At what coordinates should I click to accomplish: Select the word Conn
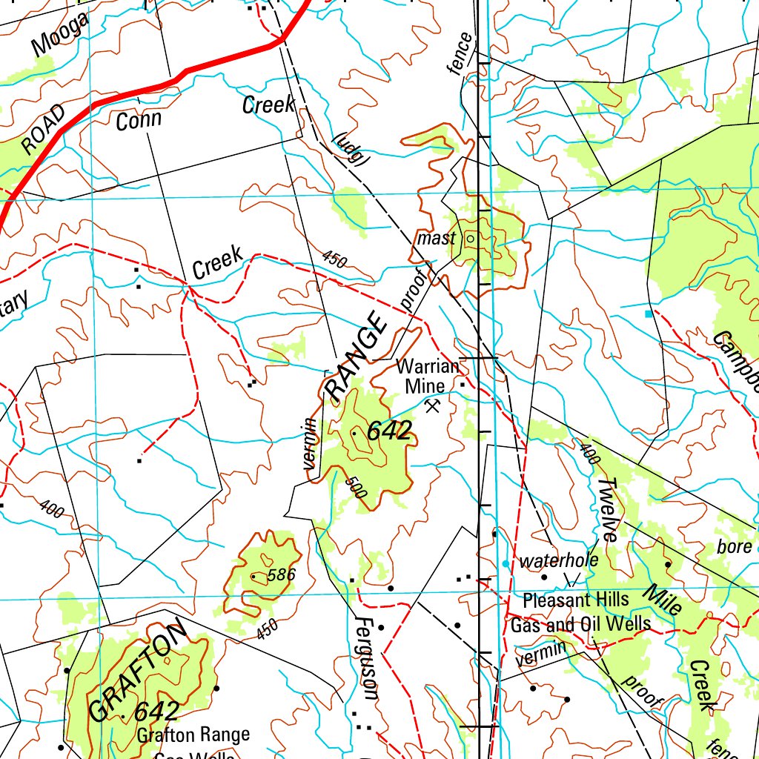coord(139,120)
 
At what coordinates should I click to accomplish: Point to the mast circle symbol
coord(470,239)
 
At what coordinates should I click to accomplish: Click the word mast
coord(436,239)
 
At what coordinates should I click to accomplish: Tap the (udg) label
coord(351,149)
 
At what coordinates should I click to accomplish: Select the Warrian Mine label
coord(427,376)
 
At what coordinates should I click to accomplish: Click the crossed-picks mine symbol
coord(434,404)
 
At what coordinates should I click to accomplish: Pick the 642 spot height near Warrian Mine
coord(388,432)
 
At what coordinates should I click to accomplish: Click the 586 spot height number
coord(281,574)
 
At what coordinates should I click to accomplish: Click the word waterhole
coord(558,560)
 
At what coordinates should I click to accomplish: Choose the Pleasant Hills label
coord(575,599)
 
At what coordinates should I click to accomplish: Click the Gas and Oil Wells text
coord(580,624)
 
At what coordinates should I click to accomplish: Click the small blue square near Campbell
coord(650,314)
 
